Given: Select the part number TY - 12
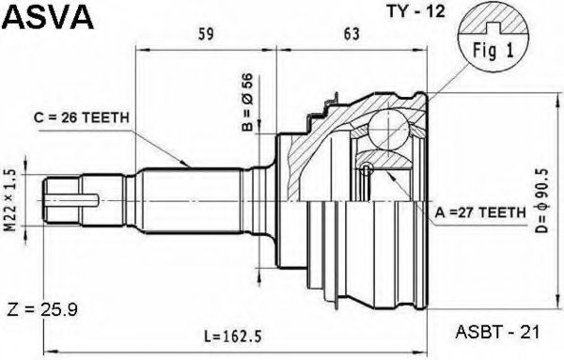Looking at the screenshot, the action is [415, 11].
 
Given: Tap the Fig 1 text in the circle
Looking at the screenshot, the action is [493, 51].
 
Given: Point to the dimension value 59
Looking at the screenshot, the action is [206, 34].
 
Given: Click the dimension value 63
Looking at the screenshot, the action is [352, 34].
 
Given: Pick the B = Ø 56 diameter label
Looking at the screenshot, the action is [247, 102].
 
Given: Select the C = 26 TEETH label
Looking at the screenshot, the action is [81, 117].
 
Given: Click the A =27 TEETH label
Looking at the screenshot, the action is [480, 213].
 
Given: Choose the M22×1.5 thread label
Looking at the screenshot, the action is [11, 200].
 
